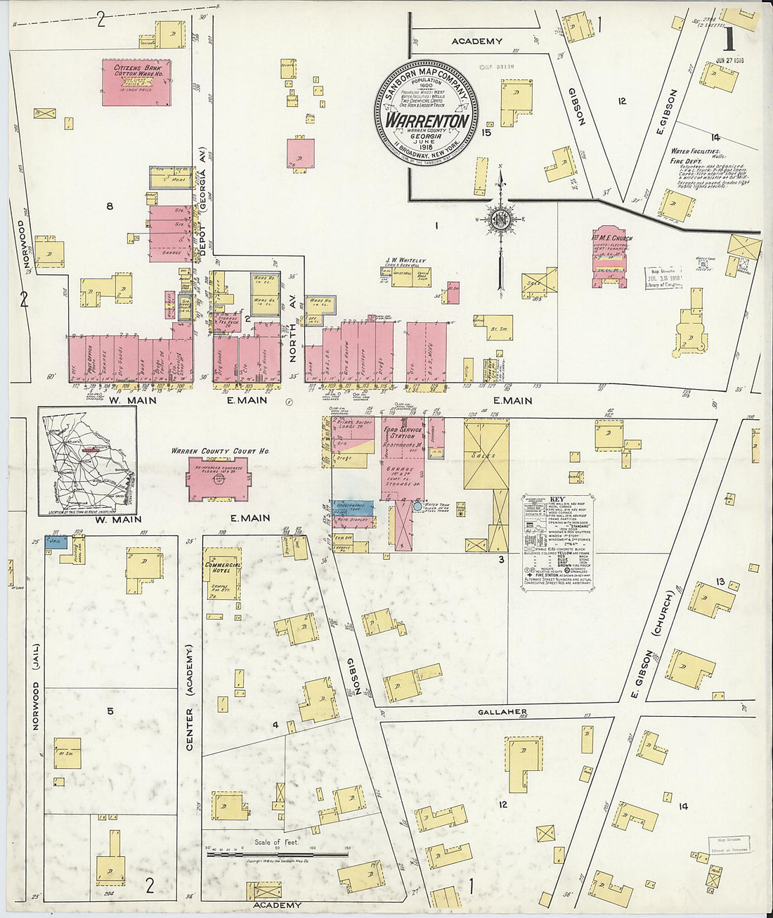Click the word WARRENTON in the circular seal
(427, 120)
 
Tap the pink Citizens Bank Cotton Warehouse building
(136, 83)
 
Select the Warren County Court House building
(219, 478)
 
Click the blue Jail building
(56, 542)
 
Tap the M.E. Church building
(610, 258)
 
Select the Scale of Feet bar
(276, 855)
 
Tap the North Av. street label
(294, 338)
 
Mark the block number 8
(109, 206)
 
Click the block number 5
(110, 710)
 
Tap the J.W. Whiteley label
(405, 260)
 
